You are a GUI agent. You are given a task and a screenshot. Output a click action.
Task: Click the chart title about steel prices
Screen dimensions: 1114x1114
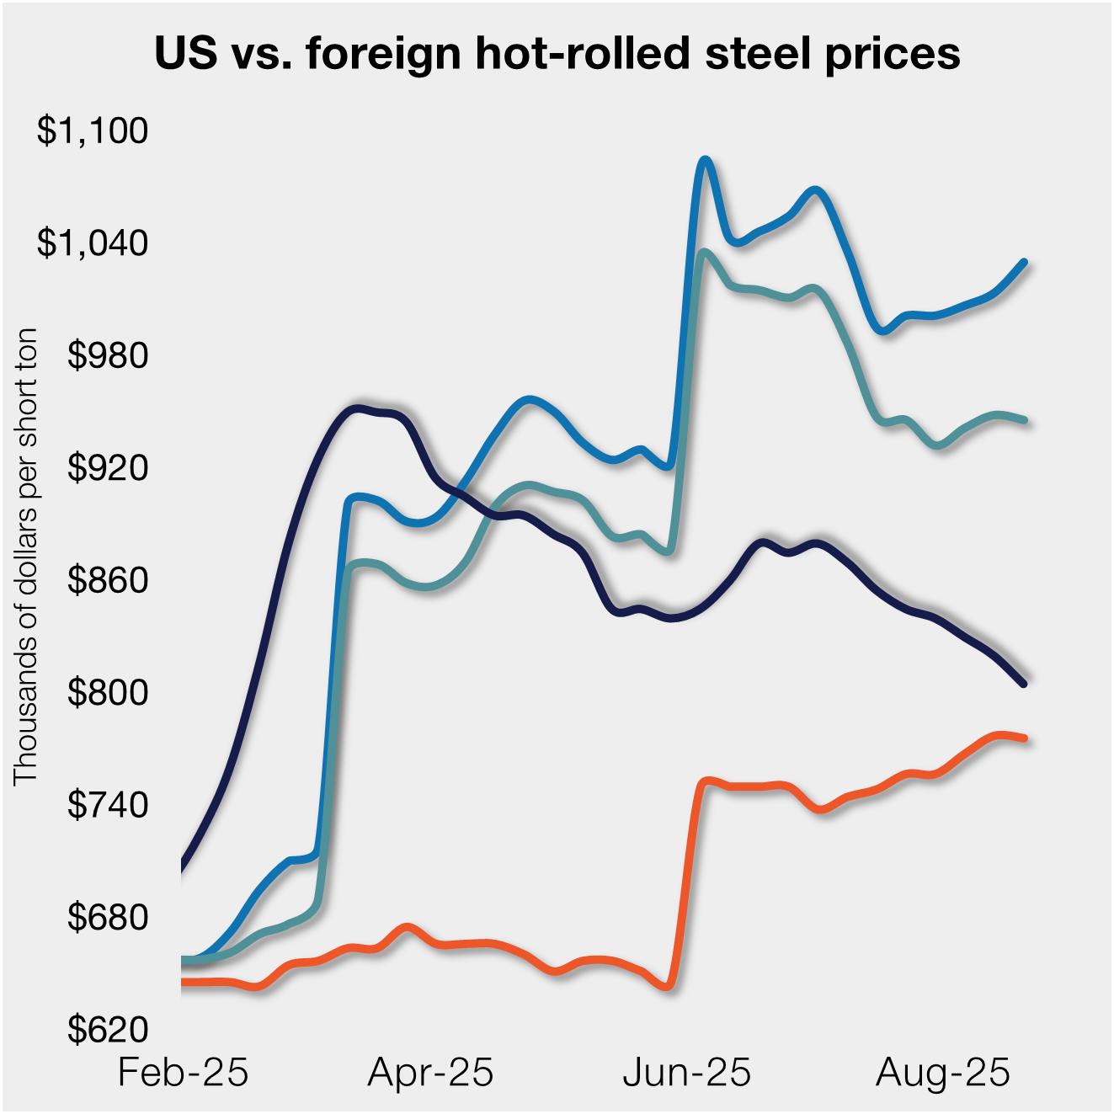pyautogui.click(x=557, y=53)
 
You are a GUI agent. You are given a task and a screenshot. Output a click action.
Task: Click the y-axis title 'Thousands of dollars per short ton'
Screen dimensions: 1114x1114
pyautogui.click(x=26, y=556)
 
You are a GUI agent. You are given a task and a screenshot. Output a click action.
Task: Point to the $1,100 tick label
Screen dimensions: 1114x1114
pyautogui.click(x=92, y=131)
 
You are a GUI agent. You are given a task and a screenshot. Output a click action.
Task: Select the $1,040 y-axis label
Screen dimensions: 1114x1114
pyautogui.click(x=92, y=243)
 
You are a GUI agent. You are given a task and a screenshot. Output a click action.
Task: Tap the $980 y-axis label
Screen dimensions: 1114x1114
pyautogui.click(x=107, y=355)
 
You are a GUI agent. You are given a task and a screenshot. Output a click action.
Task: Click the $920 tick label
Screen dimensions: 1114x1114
pyautogui.click(x=107, y=467)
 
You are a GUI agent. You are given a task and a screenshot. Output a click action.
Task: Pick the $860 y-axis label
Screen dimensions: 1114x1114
pyautogui.click(x=107, y=580)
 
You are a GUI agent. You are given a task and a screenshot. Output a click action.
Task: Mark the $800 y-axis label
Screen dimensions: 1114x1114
pyautogui.click(x=107, y=692)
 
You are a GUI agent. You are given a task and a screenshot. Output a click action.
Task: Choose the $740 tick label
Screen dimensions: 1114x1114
pyautogui.click(x=107, y=805)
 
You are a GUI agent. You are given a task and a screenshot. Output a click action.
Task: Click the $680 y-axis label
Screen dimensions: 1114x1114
pyautogui.click(x=107, y=917)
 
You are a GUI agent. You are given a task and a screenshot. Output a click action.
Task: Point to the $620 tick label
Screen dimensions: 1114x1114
pyautogui.click(x=107, y=1029)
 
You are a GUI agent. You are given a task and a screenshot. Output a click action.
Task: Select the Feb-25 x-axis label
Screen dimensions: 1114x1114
pyautogui.click(x=183, y=1073)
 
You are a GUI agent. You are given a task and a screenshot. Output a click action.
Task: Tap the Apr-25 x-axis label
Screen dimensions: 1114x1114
pyautogui.click(x=430, y=1073)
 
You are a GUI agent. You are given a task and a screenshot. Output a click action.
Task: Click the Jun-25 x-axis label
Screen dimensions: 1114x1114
pyautogui.click(x=686, y=1073)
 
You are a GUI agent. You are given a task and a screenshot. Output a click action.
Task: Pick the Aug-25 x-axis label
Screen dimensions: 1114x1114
pyautogui.click(x=942, y=1073)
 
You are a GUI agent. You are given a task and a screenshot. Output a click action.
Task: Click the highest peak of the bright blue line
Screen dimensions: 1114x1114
pyautogui.click(x=706, y=159)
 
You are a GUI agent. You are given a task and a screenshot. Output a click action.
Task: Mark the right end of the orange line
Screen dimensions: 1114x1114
pyautogui.click(x=1023, y=738)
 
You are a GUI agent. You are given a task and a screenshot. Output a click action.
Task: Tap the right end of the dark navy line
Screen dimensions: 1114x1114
pyautogui.click(x=1023, y=683)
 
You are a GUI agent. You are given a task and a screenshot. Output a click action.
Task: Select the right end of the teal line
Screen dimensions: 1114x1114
pyautogui.click(x=1023, y=419)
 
